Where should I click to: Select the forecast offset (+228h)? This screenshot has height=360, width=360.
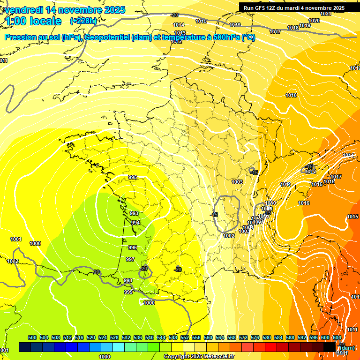pos(83,21)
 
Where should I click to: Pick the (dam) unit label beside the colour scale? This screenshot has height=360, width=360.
pos(346,347)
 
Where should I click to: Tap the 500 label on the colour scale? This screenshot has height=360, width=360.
pos(33,337)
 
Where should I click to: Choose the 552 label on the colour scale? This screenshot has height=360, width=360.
pos(185,337)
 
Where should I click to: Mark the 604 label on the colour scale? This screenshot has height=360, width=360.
pos(337,337)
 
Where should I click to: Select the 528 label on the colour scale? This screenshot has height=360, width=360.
pos(114,337)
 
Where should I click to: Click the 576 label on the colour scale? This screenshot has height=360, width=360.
pos(255,337)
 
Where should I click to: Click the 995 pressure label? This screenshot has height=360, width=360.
pos(133,177)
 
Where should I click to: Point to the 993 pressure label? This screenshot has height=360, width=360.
pos(134,213)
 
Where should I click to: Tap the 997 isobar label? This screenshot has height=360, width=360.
pos(130,259)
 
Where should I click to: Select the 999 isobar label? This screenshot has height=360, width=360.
pos(128,292)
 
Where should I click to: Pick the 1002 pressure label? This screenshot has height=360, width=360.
pos(229,236)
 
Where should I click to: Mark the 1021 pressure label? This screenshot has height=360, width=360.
pos(326,14)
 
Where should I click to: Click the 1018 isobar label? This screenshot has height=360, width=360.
pos(293,28)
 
